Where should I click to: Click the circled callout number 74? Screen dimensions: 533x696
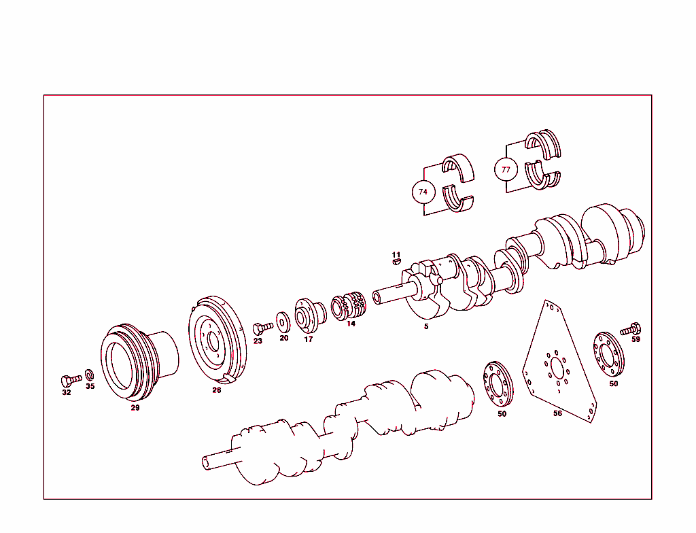point(423,192)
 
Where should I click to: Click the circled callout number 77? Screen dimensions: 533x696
point(506,169)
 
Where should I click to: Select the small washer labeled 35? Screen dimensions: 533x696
point(89,375)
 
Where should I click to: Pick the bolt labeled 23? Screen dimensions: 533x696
point(261,328)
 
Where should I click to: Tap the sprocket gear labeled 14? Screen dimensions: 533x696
point(349,306)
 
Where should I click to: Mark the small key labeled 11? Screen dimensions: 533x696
point(396,261)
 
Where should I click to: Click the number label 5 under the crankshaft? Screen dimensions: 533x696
point(426,327)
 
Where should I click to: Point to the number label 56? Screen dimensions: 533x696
point(557,413)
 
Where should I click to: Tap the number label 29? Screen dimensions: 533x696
point(135,408)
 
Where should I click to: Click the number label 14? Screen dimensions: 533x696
point(351,324)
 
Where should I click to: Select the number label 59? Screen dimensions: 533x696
point(636,339)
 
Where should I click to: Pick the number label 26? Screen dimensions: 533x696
point(216,390)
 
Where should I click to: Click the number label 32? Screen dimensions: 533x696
point(66,392)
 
